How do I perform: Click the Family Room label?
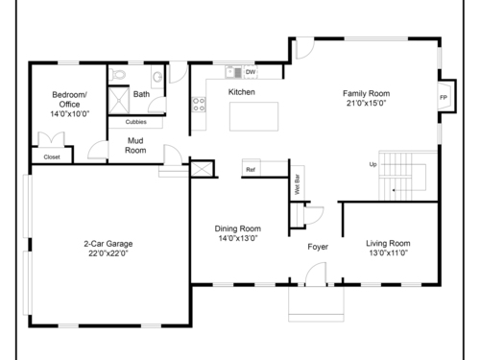click(366, 93)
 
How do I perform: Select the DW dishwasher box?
click(251, 72)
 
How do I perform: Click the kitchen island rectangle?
click(253, 116)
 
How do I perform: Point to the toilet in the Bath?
click(117, 75)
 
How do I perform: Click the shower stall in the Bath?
click(119, 101)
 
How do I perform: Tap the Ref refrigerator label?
click(251, 170)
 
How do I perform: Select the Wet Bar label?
click(298, 184)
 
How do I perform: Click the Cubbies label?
click(136, 122)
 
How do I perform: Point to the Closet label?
click(52, 157)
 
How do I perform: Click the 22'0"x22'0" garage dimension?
click(108, 253)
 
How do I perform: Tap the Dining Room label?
click(238, 228)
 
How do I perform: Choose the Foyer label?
click(318, 247)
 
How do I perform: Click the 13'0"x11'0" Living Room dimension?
click(388, 252)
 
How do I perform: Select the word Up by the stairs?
click(372, 164)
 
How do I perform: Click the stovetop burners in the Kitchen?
click(199, 105)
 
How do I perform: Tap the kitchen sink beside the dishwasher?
click(233, 72)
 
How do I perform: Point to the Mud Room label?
click(135, 146)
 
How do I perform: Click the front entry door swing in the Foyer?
click(316, 273)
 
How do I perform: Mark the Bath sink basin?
click(157, 77)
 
